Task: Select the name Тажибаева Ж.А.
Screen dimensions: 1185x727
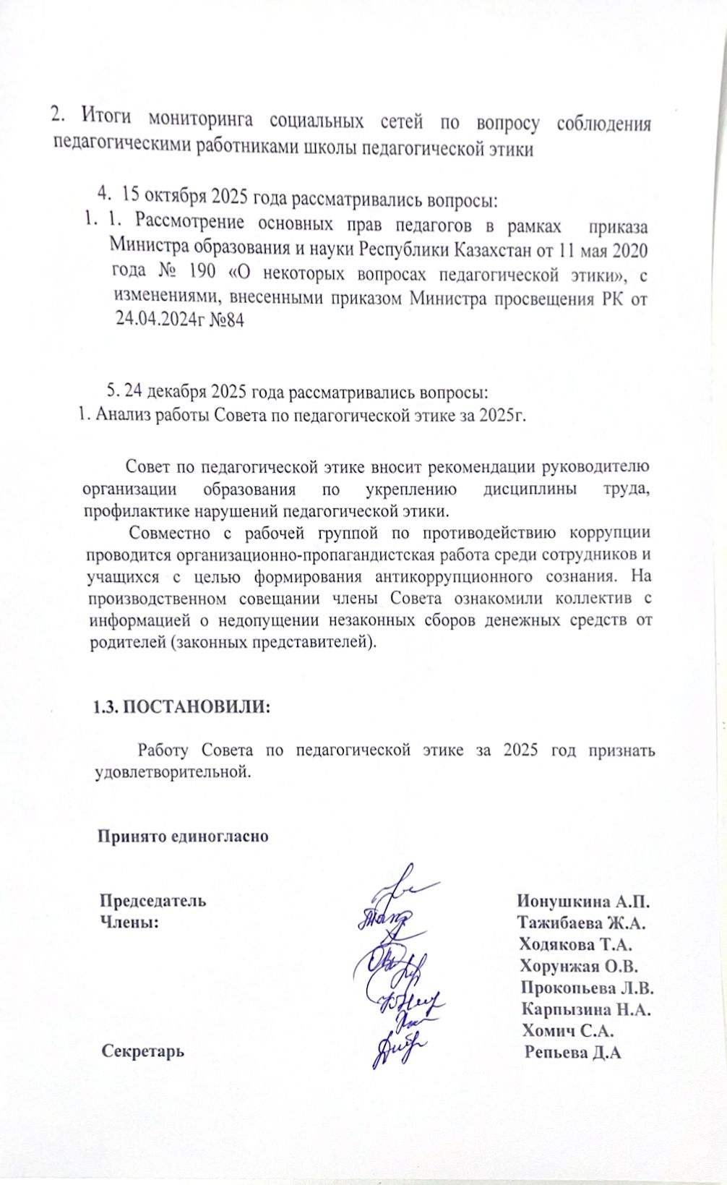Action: (x=581, y=923)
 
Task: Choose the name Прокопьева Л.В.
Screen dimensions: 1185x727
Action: (x=587, y=988)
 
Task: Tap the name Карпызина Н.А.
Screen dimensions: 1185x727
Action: (x=586, y=1009)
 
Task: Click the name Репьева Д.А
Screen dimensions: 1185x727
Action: (x=574, y=1052)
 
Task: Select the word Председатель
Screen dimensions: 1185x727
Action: (x=152, y=902)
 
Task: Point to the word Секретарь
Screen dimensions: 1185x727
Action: (x=143, y=1051)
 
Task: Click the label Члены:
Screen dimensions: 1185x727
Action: (x=129, y=923)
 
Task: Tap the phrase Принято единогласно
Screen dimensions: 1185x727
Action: (x=184, y=837)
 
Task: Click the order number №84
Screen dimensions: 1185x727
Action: (x=225, y=320)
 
